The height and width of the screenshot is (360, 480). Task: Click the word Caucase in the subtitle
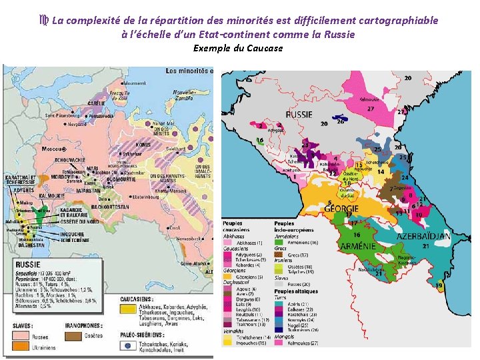click(x=265, y=48)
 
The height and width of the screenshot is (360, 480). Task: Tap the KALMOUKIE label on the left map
click(x=33, y=196)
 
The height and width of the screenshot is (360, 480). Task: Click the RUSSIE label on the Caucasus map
click(x=298, y=114)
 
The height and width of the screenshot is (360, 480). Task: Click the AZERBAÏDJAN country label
click(x=423, y=237)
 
